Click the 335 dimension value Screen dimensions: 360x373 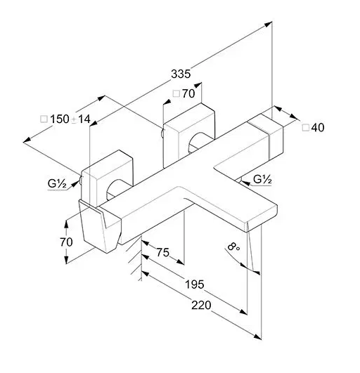181,74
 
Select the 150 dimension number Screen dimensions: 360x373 60,119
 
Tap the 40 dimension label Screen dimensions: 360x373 318,128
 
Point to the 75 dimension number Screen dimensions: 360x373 162,252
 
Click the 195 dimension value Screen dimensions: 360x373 195,284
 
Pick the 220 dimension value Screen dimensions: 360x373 201,305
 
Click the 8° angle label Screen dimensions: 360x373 233,247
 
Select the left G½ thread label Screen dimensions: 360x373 57,183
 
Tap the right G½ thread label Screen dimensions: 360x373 262,179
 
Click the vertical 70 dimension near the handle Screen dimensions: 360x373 66,242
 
